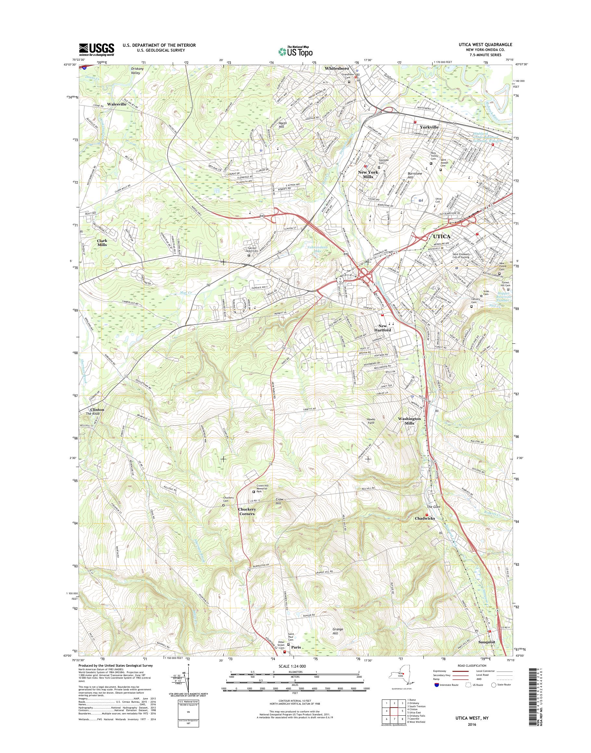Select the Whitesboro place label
337,68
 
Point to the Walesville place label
117,104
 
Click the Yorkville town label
429,127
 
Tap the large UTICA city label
442,237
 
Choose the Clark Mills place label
102,242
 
